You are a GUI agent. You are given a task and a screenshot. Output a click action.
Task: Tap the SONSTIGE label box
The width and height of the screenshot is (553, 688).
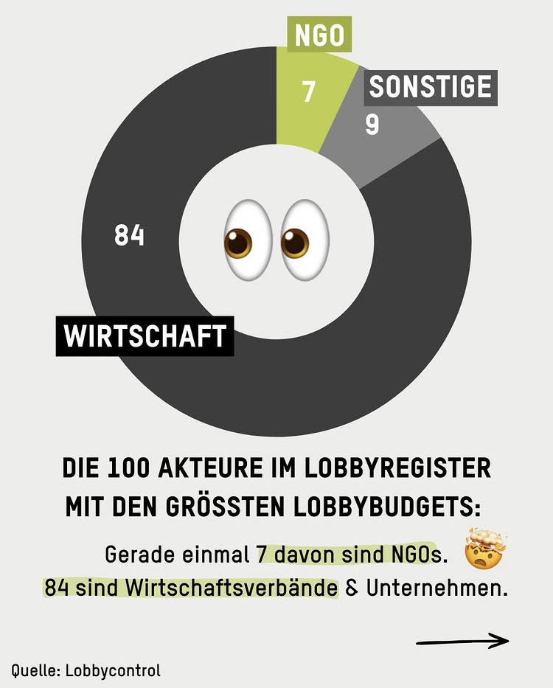coord(431,87)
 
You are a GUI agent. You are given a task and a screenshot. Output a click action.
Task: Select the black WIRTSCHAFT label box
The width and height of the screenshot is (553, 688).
coord(145,336)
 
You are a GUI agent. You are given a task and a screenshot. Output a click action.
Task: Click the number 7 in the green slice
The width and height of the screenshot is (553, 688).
coord(308,91)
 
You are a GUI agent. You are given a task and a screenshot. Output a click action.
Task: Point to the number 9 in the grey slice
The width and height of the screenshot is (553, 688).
coord(372,125)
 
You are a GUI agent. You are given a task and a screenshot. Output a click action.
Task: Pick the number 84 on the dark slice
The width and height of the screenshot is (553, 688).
coord(129,236)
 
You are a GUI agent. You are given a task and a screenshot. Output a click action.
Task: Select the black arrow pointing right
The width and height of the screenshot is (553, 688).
coord(462,641)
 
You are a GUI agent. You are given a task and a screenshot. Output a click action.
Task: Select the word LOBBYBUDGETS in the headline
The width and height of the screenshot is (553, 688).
coord(386,507)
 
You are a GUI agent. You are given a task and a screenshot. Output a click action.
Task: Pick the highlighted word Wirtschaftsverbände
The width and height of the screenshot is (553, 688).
coord(232,589)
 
